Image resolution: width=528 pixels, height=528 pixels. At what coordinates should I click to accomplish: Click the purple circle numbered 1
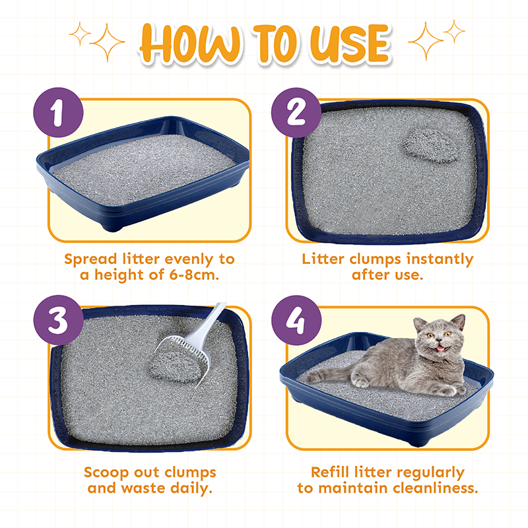pos(58,112)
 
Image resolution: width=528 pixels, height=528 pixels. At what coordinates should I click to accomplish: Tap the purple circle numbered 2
pos(296,112)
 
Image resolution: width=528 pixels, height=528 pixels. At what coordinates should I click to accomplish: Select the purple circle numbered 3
pos(58,320)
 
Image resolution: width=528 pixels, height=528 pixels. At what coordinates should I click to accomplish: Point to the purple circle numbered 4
pos(296,320)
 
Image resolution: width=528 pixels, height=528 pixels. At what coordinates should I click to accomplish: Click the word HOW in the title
pos(190,44)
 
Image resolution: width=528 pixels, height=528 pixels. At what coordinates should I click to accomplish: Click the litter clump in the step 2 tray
pos(431,145)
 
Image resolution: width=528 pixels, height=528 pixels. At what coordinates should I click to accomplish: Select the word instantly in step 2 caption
pos(440,259)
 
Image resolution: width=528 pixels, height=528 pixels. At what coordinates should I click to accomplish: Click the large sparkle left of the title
pos(108,43)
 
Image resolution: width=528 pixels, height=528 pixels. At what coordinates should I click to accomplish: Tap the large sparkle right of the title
pos(426,41)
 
